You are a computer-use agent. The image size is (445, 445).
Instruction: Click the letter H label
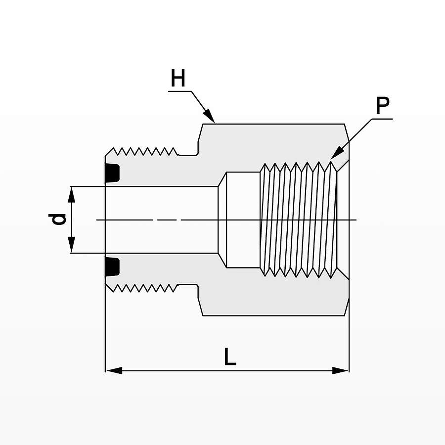click(x=178, y=79)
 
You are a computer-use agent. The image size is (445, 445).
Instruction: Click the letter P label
click(x=382, y=105)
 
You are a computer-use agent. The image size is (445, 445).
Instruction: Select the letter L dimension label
click(x=230, y=356)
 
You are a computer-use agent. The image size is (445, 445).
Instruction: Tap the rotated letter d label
click(x=58, y=219)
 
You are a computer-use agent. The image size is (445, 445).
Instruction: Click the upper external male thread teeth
click(x=143, y=150)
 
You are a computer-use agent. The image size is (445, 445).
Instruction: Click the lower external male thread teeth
click(x=143, y=288)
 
